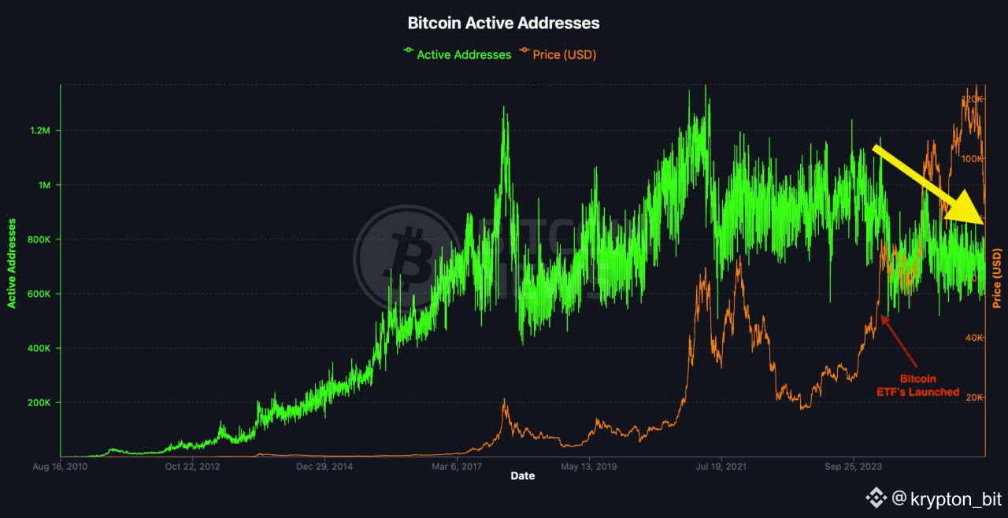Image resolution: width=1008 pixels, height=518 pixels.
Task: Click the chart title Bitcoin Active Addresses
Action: [x=503, y=23]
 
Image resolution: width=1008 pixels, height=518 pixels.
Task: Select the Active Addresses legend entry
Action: [x=457, y=54]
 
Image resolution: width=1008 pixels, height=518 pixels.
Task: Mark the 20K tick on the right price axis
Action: [x=973, y=397]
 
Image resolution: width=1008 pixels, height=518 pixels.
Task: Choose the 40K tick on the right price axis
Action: [x=973, y=337]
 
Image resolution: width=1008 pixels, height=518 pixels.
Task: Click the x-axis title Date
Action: [x=523, y=475]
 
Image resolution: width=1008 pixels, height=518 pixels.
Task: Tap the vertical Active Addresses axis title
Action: [x=12, y=263]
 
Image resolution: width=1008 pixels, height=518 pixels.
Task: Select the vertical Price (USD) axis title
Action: [x=997, y=278]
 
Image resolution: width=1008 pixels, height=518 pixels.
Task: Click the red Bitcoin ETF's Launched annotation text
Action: [x=919, y=385]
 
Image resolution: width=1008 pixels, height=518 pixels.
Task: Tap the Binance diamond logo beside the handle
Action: [x=876, y=498]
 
